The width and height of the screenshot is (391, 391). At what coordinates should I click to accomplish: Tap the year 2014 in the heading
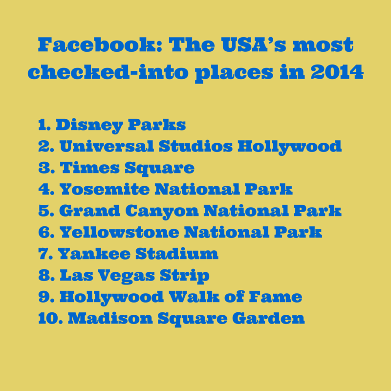tap(337, 72)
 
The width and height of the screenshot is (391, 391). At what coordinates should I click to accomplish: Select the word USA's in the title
tap(254, 45)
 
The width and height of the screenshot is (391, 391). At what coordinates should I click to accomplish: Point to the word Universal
tap(107, 146)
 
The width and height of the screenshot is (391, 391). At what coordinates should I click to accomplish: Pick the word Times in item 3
tap(90, 168)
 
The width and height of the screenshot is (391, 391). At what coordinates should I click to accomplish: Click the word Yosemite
tap(105, 189)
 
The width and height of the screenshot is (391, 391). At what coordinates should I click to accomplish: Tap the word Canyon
tap(162, 212)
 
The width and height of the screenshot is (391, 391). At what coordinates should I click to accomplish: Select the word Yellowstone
tap(119, 232)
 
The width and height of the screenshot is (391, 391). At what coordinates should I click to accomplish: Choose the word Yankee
tap(94, 254)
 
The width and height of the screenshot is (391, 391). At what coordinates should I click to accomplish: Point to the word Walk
tap(194, 297)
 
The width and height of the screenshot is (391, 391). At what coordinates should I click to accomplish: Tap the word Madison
tap(110, 318)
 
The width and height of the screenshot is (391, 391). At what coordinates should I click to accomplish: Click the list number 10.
tap(50, 319)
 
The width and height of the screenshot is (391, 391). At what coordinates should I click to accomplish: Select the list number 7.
tap(45, 254)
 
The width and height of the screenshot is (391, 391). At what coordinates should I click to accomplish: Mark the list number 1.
tap(44, 125)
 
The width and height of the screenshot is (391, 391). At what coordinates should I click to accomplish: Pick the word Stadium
tap(177, 254)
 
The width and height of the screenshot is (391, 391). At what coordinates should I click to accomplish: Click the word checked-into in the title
tap(108, 72)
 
